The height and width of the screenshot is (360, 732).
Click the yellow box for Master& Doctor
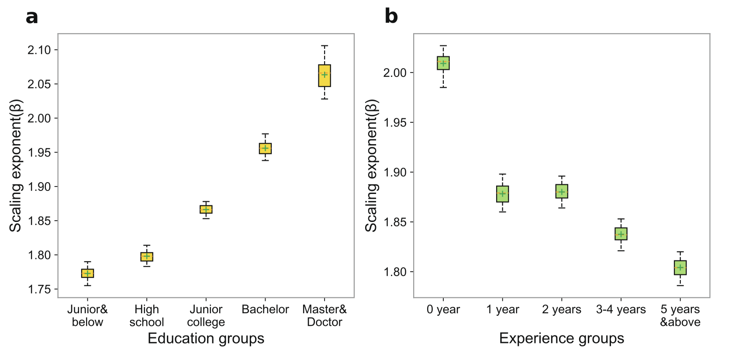pyautogui.click(x=325, y=76)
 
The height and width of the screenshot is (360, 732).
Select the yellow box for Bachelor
pyautogui.click(x=265, y=149)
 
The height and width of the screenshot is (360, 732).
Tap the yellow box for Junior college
pyautogui.click(x=206, y=209)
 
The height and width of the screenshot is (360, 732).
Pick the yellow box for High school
pyautogui.click(x=147, y=256)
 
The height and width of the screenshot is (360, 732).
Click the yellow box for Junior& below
pyautogui.click(x=87, y=273)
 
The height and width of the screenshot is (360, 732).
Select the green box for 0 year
pyautogui.click(x=443, y=63)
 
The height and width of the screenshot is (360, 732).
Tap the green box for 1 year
pyautogui.click(x=503, y=194)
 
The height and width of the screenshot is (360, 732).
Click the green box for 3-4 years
pyautogui.click(x=621, y=234)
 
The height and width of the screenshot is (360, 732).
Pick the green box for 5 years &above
pyautogui.click(x=680, y=267)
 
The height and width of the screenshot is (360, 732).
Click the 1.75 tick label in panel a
pyautogui.click(x=39, y=289)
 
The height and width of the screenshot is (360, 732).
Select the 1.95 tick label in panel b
pyautogui.click(x=395, y=122)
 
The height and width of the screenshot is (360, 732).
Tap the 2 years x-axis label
pyautogui.click(x=562, y=309)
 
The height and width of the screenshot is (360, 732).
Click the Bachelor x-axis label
pyautogui.click(x=265, y=309)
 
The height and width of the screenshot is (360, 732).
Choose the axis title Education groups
pyautogui.click(x=206, y=338)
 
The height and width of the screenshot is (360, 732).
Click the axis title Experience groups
pyautogui.click(x=562, y=338)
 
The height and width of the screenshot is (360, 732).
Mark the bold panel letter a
pyautogui.click(x=32, y=17)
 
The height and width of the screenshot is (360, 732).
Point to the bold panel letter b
pyautogui.click(x=391, y=17)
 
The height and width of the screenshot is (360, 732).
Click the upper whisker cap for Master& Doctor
pyautogui.click(x=325, y=45)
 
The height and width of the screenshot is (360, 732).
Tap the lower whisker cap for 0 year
pyautogui.click(x=443, y=87)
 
